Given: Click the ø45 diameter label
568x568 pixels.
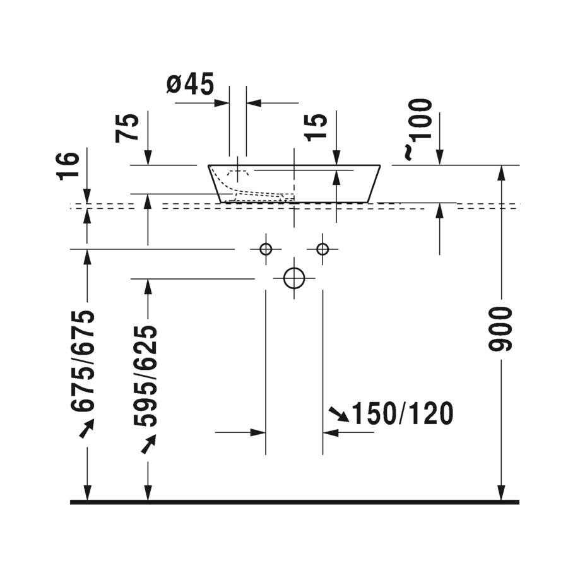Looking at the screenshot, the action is tap(190, 84).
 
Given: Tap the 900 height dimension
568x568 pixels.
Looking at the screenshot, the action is tap(500, 329).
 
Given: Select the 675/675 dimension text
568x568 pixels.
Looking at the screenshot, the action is tap(83, 361).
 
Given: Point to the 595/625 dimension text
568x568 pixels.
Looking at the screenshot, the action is tap(145, 376).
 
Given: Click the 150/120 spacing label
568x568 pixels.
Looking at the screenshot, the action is tap(402, 413).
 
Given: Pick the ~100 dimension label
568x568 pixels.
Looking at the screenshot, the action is tap(418, 129).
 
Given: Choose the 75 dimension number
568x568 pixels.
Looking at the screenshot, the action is tap(127, 128).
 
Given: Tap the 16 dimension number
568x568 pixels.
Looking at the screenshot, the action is tap(68, 166).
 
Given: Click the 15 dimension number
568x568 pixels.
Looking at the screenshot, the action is tap(316, 127).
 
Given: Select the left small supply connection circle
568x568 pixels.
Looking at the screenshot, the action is tap(266, 244).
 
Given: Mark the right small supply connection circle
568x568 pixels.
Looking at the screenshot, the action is tap(322, 244).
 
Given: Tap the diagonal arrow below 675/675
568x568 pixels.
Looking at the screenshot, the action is tap(86, 428).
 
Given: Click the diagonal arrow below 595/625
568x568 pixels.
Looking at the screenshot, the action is tap(148, 444).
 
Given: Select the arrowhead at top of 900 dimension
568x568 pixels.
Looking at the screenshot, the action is tap(501, 173).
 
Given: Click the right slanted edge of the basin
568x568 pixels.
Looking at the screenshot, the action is tap(374, 184).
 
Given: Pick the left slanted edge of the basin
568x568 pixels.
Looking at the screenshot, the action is tap(215, 184).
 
